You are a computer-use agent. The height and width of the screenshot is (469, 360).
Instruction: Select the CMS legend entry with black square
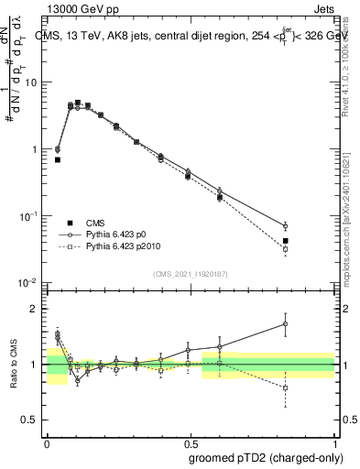tap(71, 223)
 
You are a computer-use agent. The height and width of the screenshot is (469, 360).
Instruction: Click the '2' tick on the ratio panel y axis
tap(35, 309)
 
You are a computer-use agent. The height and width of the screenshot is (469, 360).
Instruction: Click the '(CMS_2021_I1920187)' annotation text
tap(191, 272)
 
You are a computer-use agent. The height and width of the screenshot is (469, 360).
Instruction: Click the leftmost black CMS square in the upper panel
tap(58, 159)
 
